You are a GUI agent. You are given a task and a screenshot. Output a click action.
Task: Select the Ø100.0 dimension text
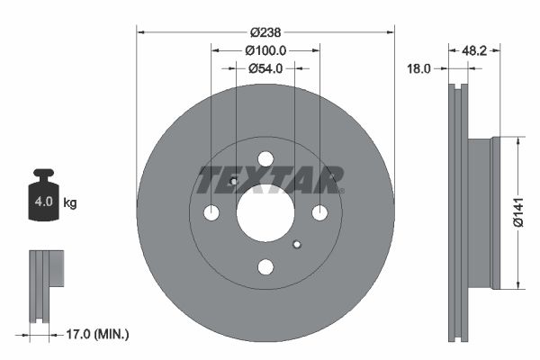pyautogui.click(x=265, y=51)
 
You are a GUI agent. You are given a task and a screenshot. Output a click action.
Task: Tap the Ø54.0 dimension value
pyautogui.click(x=265, y=67)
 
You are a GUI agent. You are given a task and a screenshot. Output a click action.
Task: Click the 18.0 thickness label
pyautogui.click(x=419, y=67)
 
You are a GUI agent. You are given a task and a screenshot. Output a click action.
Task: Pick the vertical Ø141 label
pyautogui.click(x=518, y=213)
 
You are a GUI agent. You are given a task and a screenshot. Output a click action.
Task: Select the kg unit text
pyautogui.click(x=70, y=203)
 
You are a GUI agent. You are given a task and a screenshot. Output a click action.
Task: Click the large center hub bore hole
pyautogui.click(x=265, y=213)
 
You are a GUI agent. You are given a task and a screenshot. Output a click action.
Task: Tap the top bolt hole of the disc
pyautogui.click(x=265, y=159)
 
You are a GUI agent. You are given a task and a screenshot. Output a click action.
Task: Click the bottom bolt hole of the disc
pyautogui.click(x=265, y=267)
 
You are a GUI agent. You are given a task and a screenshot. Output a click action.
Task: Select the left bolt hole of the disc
pyautogui.click(x=211, y=213)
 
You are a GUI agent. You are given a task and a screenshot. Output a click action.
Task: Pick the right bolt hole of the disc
pyautogui.click(x=319, y=213)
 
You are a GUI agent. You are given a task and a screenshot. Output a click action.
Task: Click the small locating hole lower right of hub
pyautogui.click(x=298, y=243)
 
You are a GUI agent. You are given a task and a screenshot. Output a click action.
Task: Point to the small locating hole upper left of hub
pyautogui.click(x=233, y=183)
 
